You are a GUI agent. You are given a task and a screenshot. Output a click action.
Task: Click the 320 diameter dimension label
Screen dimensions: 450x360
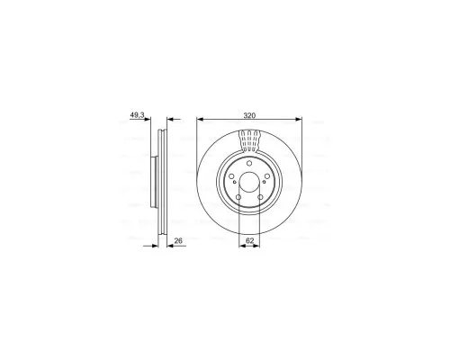point(249,115)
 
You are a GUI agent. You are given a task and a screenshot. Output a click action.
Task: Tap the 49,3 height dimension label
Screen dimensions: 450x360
point(137,114)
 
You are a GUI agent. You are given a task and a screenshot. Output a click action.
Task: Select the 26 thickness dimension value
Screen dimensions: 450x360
point(178,240)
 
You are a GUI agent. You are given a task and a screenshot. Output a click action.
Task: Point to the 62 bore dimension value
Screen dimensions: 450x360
point(249,240)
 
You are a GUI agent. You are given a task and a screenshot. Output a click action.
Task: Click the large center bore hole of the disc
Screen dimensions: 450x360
point(249,182)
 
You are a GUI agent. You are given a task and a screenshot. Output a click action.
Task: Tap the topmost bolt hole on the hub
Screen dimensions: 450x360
point(249,164)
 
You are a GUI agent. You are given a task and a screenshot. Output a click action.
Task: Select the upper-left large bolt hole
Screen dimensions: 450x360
point(231,176)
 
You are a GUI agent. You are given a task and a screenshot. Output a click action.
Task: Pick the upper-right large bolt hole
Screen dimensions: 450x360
point(267,176)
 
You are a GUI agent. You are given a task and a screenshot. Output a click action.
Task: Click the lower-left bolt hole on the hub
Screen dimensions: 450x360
point(238,197)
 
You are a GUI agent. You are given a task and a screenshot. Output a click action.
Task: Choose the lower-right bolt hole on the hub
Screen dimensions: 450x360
point(260,197)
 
